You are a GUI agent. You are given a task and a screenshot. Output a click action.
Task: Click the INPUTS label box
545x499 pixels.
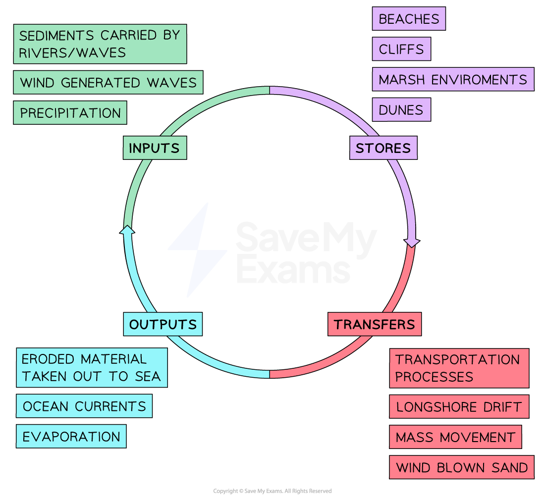155,148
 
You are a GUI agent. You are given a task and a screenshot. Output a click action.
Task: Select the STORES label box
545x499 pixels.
383,148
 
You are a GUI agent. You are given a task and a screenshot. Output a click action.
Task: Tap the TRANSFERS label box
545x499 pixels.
374,324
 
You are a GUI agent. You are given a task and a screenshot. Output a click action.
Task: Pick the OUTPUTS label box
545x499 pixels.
163,324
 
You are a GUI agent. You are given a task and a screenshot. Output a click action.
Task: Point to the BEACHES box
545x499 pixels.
409,19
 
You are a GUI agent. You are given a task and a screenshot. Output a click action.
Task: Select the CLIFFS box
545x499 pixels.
401,49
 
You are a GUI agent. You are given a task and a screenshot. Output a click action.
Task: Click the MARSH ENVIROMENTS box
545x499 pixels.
453,79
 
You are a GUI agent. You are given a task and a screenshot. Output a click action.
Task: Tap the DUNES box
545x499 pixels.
401,109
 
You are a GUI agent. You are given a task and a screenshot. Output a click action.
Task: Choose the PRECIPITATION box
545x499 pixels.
70,113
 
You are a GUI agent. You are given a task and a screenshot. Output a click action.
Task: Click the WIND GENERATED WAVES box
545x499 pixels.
108,83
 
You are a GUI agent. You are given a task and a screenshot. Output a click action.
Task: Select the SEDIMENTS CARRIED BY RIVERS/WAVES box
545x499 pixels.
100,44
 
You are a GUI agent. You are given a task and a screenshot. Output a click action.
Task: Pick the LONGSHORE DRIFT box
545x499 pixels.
459,407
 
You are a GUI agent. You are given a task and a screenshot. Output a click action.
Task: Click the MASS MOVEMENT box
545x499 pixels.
455,437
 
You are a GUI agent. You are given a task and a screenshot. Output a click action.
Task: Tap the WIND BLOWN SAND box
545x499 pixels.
461,467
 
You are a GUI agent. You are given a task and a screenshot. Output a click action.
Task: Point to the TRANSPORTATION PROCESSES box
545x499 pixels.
459,368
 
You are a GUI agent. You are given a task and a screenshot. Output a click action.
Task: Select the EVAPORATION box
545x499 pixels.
71,436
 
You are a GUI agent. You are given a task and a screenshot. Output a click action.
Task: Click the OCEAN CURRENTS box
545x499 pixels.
84,406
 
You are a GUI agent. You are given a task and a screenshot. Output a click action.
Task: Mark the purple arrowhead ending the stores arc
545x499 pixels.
412,243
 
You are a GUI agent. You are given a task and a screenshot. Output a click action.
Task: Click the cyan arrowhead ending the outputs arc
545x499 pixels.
128,229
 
